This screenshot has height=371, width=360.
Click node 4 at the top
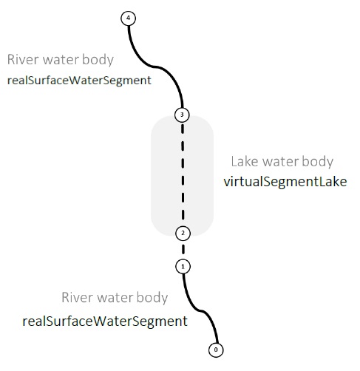[128, 18]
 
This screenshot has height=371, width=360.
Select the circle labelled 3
[182, 115]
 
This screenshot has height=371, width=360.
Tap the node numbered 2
[183, 234]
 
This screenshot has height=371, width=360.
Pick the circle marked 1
[183, 267]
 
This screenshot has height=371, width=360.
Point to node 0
[216, 350]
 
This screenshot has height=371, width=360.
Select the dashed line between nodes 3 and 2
[183, 174]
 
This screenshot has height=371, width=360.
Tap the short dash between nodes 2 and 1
[183, 249]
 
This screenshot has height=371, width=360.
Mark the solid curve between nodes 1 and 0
[201, 310]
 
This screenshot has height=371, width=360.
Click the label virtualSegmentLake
[285, 182]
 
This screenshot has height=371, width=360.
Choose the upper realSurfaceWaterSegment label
[79, 81]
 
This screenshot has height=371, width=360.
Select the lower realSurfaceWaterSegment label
[105, 321]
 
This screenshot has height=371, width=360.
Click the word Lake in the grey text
[245, 162]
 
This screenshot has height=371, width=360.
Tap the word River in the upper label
[23, 60]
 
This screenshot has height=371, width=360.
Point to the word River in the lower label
[77, 297]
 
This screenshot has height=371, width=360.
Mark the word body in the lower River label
[152, 298]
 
